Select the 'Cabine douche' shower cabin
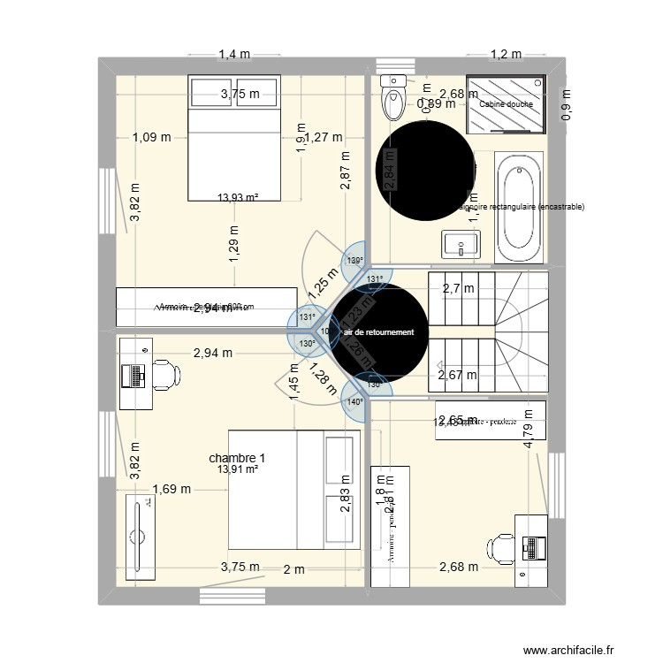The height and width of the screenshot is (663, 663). [x=506, y=103]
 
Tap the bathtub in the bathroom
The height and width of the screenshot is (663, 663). [x=519, y=208]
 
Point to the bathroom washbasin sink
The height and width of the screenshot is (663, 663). [x=460, y=243]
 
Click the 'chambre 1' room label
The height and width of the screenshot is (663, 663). [x=237, y=458]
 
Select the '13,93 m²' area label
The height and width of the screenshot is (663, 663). [x=239, y=199]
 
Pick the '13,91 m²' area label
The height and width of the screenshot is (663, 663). [x=239, y=469]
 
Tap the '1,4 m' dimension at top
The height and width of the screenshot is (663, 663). [x=234, y=55]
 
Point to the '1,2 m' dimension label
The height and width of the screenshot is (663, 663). [x=507, y=55]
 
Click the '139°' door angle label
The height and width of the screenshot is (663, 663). [x=354, y=261]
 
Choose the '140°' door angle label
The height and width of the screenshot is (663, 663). [x=354, y=401]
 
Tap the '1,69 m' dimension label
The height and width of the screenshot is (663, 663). [x=171, y=488]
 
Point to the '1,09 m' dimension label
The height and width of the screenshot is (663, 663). [x=152, y=137]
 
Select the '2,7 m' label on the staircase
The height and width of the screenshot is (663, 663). [x=458, y=288]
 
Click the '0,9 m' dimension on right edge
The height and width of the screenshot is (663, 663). [x=566, y=104]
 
